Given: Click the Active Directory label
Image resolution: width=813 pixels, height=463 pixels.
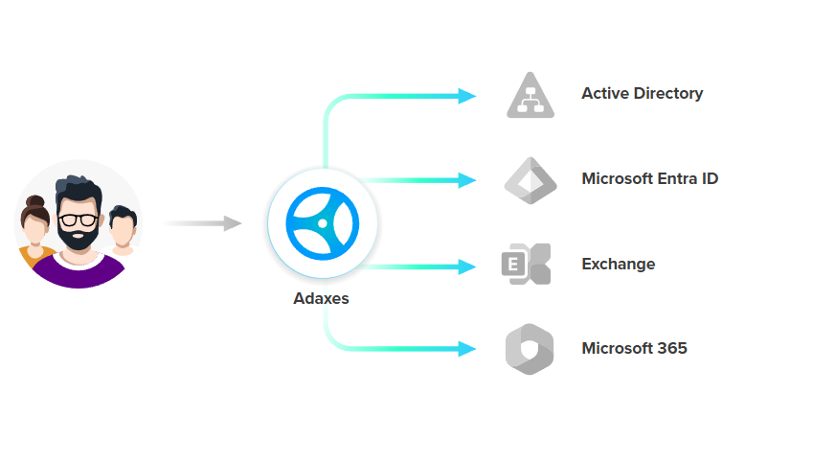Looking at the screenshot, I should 642,94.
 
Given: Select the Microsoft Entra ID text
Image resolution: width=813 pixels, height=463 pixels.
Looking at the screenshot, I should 649,179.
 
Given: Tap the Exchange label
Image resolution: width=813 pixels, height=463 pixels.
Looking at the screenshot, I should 618,265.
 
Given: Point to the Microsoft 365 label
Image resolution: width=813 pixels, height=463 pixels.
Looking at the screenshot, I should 634,349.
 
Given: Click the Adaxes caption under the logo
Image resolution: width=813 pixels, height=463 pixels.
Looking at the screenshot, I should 321,298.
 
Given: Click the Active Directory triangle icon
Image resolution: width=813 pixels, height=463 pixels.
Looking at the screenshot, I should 531,96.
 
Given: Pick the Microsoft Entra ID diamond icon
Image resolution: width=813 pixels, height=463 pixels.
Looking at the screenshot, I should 531,180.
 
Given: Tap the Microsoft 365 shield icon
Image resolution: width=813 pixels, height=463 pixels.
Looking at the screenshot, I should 530,349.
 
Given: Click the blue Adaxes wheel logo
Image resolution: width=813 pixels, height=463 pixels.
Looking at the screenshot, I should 323,223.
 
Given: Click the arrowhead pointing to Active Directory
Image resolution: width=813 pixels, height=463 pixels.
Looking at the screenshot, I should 467,95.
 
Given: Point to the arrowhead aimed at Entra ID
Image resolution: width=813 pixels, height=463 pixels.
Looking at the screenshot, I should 467,180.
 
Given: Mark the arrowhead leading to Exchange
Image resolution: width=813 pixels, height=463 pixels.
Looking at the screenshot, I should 467,266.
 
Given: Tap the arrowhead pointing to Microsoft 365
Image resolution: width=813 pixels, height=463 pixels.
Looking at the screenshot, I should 467,349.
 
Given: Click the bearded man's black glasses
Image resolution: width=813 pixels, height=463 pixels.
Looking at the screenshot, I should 77,219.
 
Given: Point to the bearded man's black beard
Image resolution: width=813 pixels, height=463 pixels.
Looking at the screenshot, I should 77,241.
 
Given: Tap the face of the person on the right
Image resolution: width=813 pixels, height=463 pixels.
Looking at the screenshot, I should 122,230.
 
